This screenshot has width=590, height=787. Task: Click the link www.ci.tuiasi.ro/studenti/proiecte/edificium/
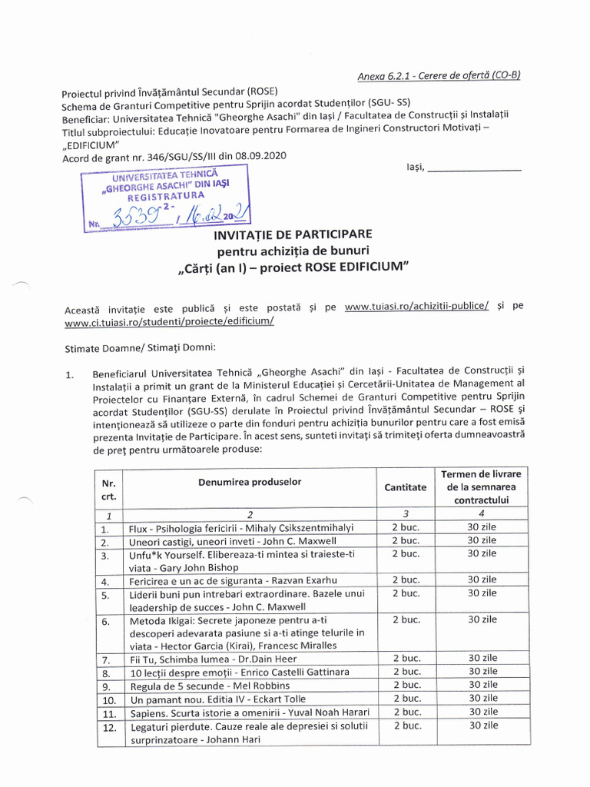point(169,321)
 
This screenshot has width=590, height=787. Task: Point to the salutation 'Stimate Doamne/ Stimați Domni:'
point(135,347)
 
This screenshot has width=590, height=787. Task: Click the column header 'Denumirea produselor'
point(249,482)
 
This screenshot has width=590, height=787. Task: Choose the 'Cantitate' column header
point(405,487)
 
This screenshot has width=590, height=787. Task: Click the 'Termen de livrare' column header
point(480,473)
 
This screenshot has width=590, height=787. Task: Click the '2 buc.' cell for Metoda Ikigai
point(405,619)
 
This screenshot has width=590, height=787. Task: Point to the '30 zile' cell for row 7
point(482,659)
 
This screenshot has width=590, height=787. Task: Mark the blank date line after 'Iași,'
point(474,168)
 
